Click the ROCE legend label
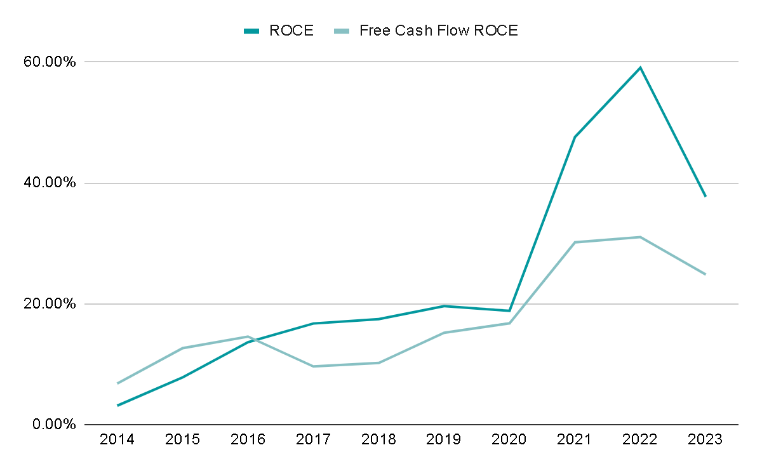(291, 30)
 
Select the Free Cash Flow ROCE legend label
(438, 30)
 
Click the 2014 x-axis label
(117, 440)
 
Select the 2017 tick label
(313, 440)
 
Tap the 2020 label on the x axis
(509, 440)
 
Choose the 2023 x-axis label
(705, 440)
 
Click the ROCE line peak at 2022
(640, 67)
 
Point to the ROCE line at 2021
(575, 136)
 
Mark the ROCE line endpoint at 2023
(705, 196)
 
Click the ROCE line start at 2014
(117, 405)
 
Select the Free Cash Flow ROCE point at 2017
(313, 366)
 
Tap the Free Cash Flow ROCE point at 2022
(640, 237)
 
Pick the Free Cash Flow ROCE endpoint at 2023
(705, 274)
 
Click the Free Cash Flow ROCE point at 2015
(183, 348)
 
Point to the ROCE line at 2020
(509, 311)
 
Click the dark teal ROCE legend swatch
(252, 30)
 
